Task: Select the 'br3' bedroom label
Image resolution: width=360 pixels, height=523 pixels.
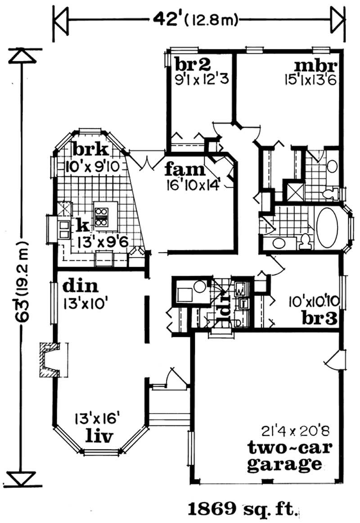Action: pyautogui.click(x=320, y=318)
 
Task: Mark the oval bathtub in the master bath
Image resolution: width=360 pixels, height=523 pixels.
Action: pyautogui.click(x=330, y=228)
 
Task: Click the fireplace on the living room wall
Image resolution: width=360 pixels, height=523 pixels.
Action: pyautogui.click(x=50, y=360)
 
